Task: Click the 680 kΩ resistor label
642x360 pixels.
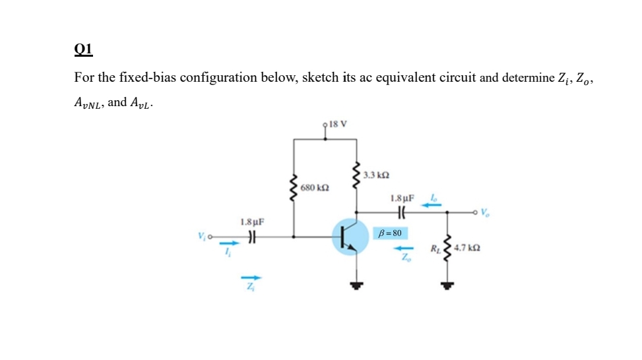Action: point(314,188)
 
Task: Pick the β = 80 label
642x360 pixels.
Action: point(391,233)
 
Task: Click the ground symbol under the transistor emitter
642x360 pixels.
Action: point(358,285)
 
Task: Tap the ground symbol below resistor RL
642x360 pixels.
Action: point(448,285)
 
